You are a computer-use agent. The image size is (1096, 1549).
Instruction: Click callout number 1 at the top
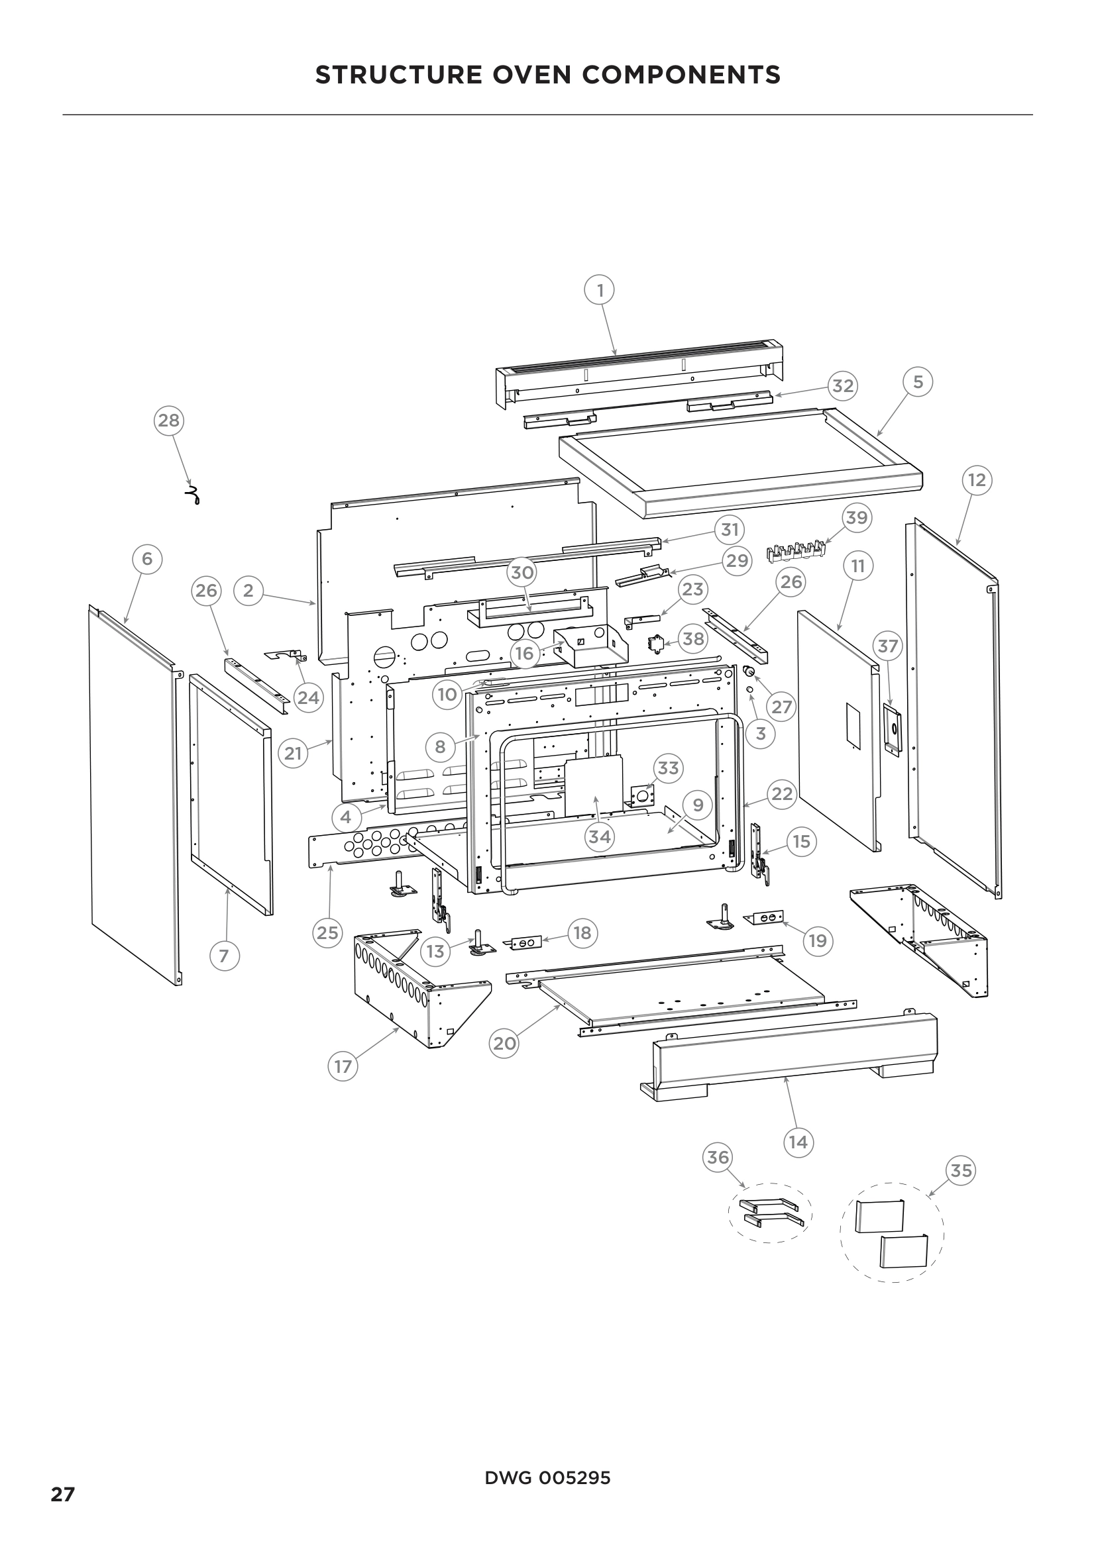click(599, 291)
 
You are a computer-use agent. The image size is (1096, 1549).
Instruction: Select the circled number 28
click(169, 421)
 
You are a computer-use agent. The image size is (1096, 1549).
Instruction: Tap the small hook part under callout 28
click(193, 496)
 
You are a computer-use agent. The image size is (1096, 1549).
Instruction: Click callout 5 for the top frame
click(918, 382)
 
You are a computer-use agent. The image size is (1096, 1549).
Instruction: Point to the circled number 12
click(977, 480)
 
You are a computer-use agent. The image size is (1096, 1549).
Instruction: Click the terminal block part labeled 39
click(796, 552)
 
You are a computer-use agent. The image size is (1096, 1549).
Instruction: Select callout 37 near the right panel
click(888, 646)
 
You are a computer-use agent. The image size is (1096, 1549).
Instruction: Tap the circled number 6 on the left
click(147, 559)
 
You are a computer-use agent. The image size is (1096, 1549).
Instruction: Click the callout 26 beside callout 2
click(207, 591)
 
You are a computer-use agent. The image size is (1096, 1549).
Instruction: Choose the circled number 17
click(343, 1067)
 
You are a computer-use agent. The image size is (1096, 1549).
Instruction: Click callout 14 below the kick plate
click(798, 1142)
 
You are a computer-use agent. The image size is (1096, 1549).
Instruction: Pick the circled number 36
click(718, 1158)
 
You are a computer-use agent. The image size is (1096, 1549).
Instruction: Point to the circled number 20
click(504, 1044)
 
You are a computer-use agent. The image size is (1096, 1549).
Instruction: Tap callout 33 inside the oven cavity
click(668, 768)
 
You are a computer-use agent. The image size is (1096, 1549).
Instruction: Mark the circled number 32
click(843, 386)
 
